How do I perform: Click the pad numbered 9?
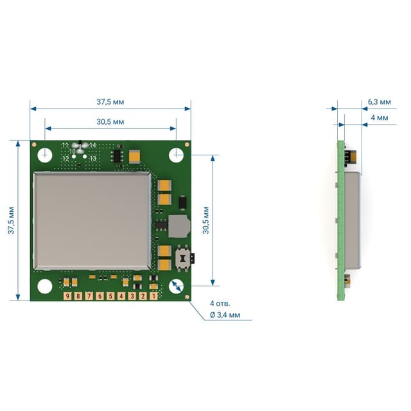[67, 296]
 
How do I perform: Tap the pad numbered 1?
[153, 296]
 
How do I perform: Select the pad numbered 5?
[110, 296]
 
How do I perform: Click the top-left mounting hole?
[45, 155]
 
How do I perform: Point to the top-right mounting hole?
[176, 155]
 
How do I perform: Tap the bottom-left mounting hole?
[45, 286]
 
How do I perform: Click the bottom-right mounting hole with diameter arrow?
[176, 286]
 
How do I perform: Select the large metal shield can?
[92, 221]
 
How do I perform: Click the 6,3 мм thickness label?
[380, 101]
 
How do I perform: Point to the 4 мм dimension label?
[380, 118]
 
